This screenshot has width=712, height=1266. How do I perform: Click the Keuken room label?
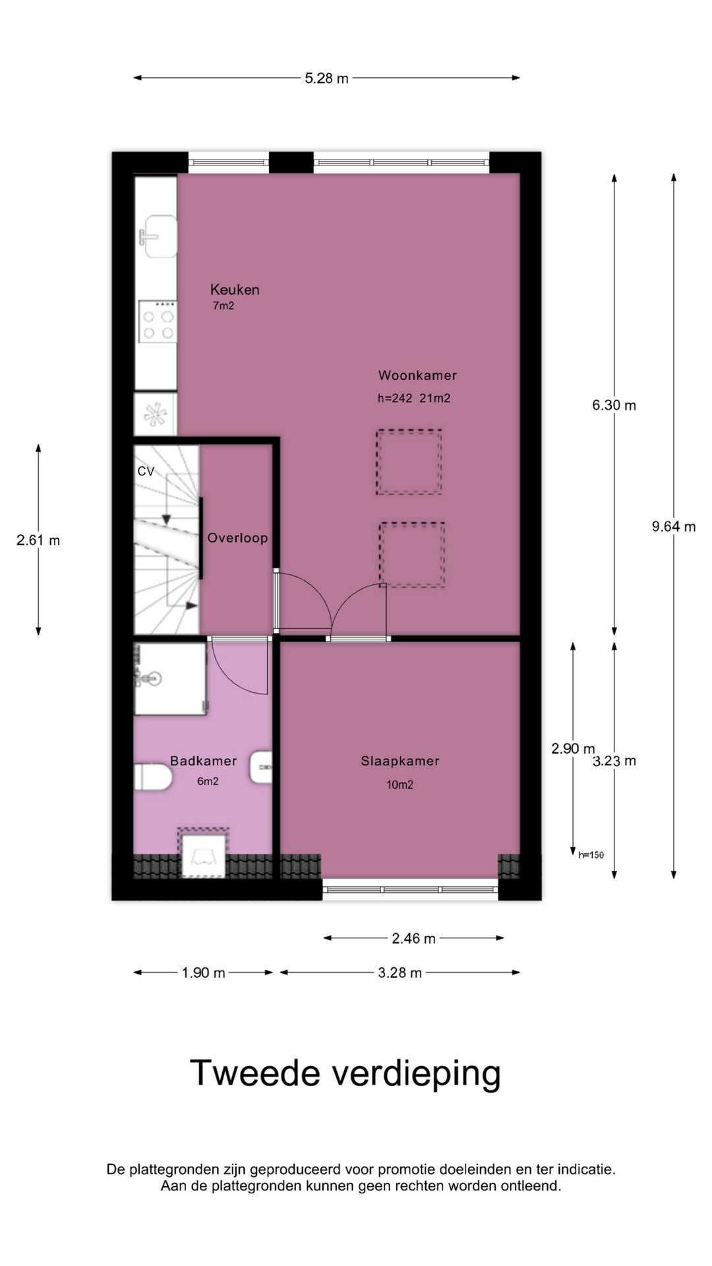[x=235, y=289]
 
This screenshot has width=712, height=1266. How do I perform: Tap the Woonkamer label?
[x=417, y=375]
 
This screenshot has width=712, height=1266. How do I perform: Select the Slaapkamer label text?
[x=400, y=761]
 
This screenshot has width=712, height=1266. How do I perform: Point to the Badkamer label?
[x=203, y=761]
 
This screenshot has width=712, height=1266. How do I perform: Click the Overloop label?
[x=237, y=538]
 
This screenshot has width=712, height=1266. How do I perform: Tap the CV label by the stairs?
[x=146, y=471]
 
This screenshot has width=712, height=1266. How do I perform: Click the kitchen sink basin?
[x=158, y=236]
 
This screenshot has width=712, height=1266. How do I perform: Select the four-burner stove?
[x=158, y=322]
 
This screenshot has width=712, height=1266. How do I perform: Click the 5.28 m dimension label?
[x=326, y=78]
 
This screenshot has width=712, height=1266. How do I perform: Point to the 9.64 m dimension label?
[x=674, y=527]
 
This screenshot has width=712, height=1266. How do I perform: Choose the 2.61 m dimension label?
[x=38, y=541]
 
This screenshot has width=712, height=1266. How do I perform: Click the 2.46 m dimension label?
[x=413, y=938]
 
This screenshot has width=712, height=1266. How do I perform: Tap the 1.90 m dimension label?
[x=203, y=973]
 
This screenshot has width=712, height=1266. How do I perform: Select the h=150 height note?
[x=591, y=855]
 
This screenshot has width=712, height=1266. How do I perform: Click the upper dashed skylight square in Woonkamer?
[x=409, y=462]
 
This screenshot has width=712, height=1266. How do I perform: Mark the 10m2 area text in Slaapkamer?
[x=400, y=785]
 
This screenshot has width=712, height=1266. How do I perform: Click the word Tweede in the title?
[x=254, y=1073]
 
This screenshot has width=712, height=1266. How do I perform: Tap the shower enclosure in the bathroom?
[x=170, y=679]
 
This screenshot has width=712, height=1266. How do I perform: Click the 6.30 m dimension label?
[x=614, y=406]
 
